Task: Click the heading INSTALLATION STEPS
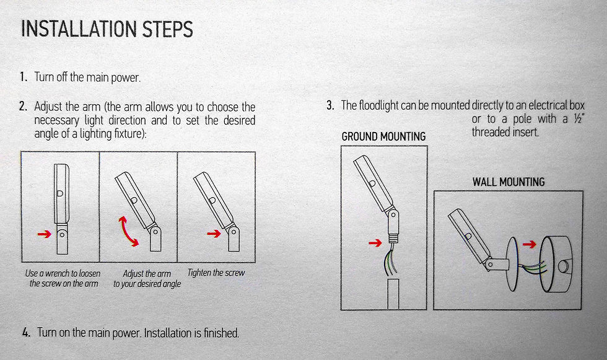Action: coord(107,29)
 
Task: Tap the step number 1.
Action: coord(24,77)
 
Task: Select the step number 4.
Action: coord(26,333)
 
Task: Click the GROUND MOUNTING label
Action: coord(383,137)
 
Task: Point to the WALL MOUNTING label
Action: coord(509,182)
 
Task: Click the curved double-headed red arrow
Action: coord(128,232)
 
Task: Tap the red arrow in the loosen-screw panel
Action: coord(45,234)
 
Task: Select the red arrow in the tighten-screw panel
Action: coord(214,234)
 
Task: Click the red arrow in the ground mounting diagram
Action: coord(375,243)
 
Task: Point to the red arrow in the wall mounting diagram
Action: coord(529,244)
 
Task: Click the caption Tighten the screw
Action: coord(216,273)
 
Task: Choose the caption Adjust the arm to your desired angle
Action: coord(147,279)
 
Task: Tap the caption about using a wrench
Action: coord(63,278)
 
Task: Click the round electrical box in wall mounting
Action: coord(556,264)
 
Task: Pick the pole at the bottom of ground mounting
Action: coord(393,294)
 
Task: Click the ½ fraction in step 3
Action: coord(579,119)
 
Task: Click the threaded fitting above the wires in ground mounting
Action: coord(393,237)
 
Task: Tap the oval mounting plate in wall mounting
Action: coord(512,264)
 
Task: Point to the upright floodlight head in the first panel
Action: coord(61,193)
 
